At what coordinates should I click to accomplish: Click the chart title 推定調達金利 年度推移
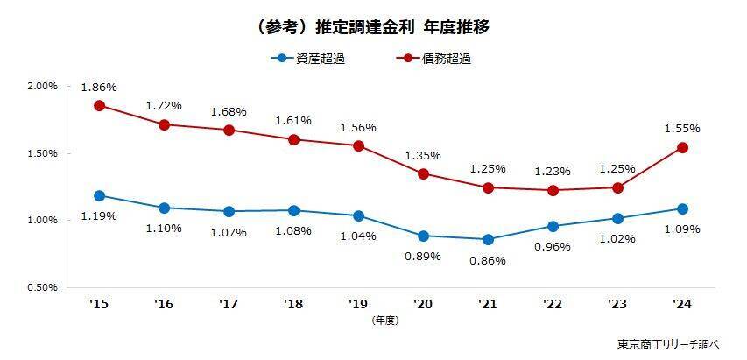[374, 27]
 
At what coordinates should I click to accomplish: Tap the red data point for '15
[99, 105]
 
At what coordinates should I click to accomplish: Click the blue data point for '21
[488, 239]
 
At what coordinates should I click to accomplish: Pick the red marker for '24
[682, 147]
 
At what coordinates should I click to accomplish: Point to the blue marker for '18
[293, 210]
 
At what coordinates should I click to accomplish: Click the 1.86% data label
[99, 88]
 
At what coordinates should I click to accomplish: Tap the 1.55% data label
[682, 128]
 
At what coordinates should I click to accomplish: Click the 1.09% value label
[682, 229]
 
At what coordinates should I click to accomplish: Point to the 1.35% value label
[423, 156]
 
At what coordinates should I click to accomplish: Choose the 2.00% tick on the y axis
[42, 87]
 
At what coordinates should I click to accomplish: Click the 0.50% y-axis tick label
[42, 286]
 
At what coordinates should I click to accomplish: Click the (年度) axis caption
[384, 321]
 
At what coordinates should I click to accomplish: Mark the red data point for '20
[423, 173]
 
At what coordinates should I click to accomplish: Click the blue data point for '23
[617, 218]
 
